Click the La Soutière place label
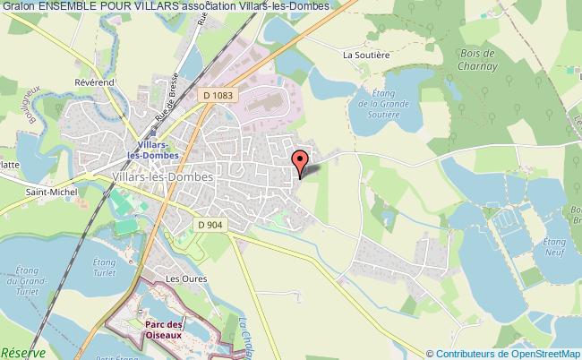364,54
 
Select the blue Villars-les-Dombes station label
158,149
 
